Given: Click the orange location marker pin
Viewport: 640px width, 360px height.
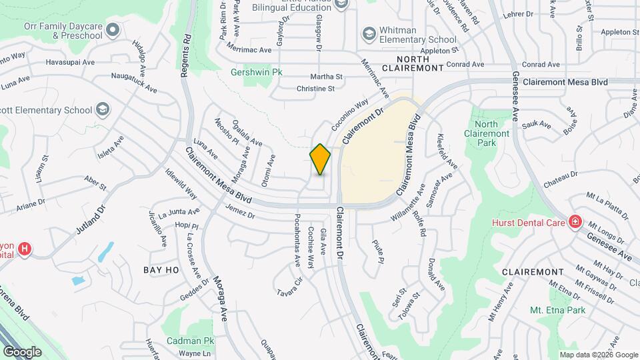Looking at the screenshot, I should (321, 159).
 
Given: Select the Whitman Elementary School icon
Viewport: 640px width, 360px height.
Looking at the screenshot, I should (368, 33).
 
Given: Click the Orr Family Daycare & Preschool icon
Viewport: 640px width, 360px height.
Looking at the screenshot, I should (112, 29).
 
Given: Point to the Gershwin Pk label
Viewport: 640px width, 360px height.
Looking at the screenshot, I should (252, 72).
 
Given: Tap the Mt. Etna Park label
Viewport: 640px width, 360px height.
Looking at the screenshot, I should (557, 311).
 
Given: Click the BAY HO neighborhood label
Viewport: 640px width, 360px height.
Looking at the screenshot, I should (161, 270).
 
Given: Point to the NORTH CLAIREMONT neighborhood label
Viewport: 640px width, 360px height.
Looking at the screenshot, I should (412, 68).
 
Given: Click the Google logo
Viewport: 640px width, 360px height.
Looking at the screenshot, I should (22, 351).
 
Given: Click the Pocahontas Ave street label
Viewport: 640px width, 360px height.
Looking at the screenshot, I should (298, 237).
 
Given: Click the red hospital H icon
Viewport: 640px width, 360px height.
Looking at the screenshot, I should (25, 250).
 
